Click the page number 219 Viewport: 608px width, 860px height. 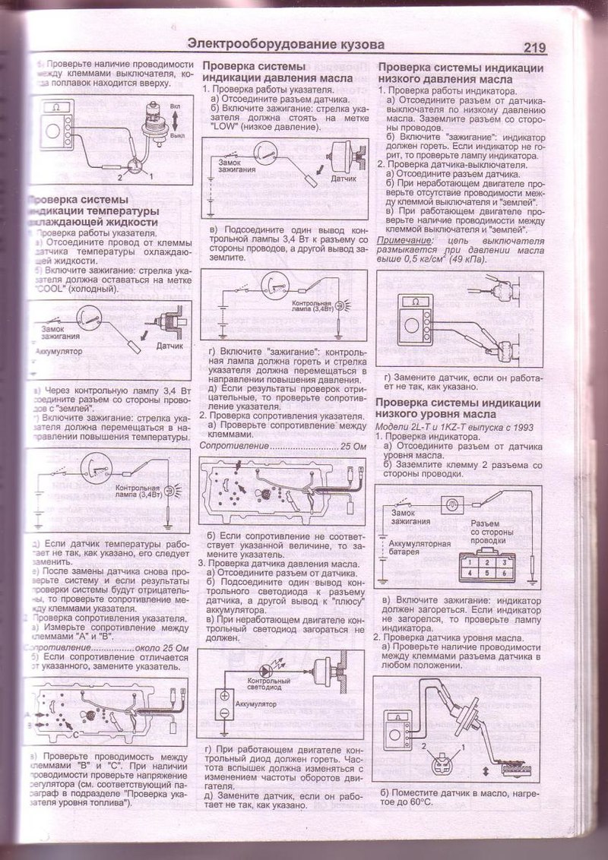[x=535, y=47]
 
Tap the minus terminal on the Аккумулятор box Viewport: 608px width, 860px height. [x=225, y=713]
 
